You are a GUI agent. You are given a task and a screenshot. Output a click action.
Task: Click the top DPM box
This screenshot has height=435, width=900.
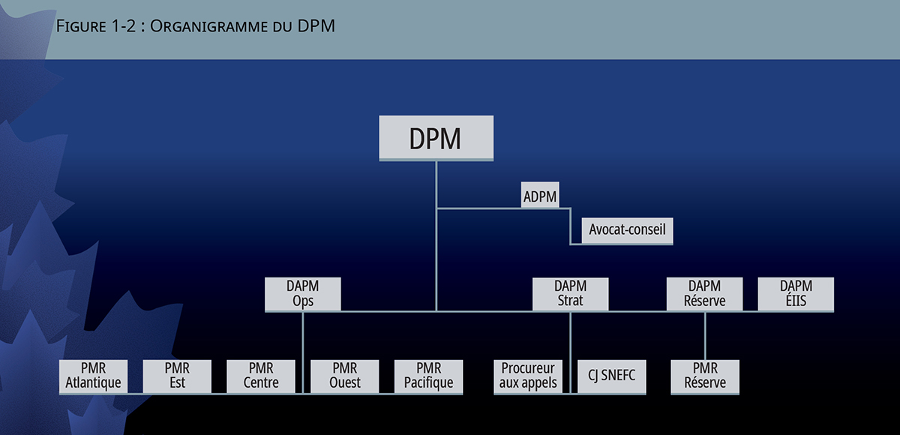pyautogui.click(x=436, y=138)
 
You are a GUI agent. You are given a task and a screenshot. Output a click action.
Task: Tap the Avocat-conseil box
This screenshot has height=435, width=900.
pyautogui.click(x=627, y=230)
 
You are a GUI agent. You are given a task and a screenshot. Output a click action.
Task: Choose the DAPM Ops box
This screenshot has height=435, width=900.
pyautogui.click(x=303, y=293)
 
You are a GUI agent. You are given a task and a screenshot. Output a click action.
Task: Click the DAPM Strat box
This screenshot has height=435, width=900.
pyautogui.click(x=570, y=293)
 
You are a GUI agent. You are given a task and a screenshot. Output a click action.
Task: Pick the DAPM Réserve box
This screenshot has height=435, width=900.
pyautogui.click(x=704, y=293)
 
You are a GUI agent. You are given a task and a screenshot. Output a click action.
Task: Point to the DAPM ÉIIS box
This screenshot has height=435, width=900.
pyautogui.click(x=796, y=293)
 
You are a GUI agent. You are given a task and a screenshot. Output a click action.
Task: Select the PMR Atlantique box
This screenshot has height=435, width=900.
pyautogui.click(x=93, y=376)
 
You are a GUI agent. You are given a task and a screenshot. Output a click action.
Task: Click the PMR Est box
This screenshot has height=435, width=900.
pyautogui.click(x=177, y=376)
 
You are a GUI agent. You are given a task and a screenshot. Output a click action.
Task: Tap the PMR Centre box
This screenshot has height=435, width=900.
pyautogui.click(x=261, y=376)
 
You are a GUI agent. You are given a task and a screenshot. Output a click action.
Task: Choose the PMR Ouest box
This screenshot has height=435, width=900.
pyautogui.click(x=345, y=376)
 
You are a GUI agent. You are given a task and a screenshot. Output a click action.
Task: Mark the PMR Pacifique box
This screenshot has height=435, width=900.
pyautogui.click(x=429, y=376)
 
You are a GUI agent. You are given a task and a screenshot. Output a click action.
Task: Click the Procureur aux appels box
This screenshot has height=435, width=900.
pyautogui.click(x=528, y=376)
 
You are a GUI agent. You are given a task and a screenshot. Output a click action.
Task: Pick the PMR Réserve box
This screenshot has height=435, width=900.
pyautogui.click(x=704, y=376)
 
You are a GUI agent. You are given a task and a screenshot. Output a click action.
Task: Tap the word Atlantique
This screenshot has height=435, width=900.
pyautogui.click(x=93, y=383)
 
